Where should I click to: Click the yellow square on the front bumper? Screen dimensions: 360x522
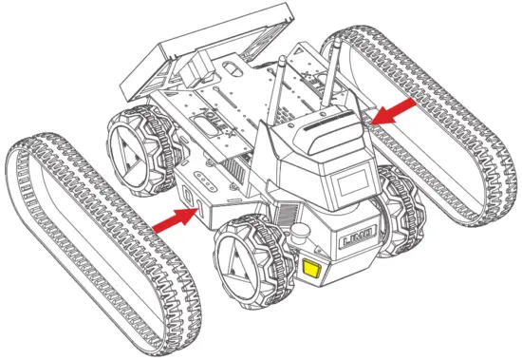coord(312,269)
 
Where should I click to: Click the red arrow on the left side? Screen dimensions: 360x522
coord(174,219)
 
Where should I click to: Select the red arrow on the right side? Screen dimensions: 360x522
coord(393,111)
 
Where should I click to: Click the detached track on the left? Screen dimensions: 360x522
coord(95,237)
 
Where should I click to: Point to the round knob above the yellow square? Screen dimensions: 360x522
coord(302,234)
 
